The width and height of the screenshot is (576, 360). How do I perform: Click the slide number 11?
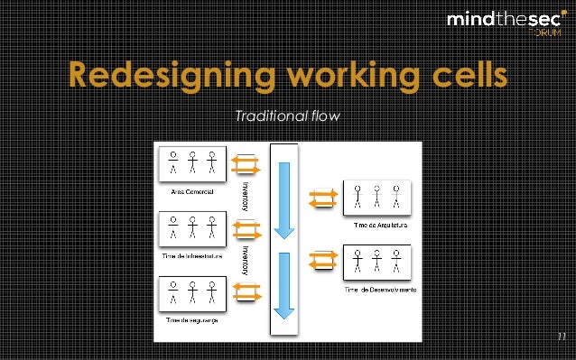point(560,338)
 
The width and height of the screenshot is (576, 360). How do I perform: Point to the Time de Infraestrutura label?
point(190,255)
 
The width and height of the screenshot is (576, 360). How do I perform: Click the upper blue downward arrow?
point(284,198)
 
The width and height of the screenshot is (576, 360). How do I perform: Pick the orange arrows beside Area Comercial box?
point(246,164)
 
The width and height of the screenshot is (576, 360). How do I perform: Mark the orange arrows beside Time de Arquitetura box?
point(324,198)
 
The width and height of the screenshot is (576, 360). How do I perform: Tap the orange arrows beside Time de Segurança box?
point(246,292)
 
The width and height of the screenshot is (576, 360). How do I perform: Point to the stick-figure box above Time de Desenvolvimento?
point(378,261)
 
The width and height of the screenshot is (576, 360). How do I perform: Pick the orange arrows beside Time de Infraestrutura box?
point(246,228)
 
